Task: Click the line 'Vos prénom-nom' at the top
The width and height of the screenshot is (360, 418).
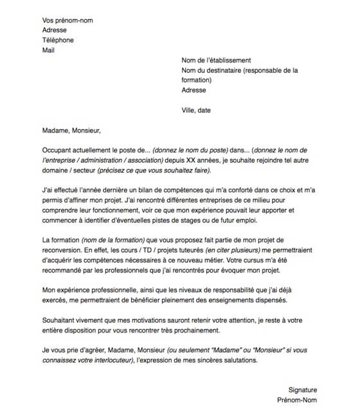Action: click(x=67, y=21)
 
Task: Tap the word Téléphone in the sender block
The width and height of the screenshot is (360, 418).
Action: click(x=58, y=40)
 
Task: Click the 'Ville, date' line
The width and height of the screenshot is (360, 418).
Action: click(x=196, y=110)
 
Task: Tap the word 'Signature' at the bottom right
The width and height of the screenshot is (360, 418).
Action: click(x=303, y=390)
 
